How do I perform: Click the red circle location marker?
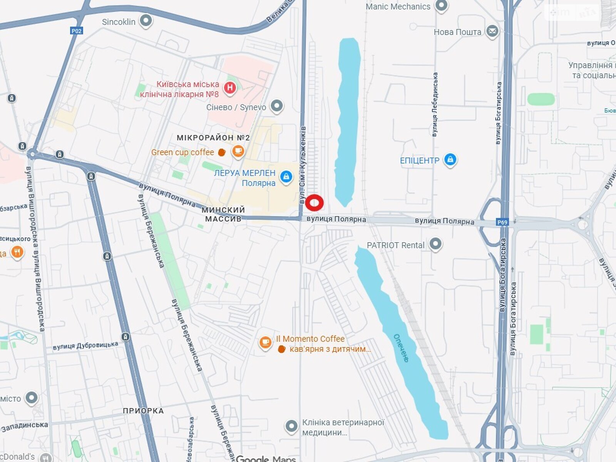tap(315, 203)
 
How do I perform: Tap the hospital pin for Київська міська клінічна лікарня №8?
tap(230, 88)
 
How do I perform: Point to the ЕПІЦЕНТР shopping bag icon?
tap(450, 159)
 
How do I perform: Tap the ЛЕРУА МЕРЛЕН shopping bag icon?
tap(286, 177)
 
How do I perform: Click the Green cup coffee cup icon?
tap(238, 151)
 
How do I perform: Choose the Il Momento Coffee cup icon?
tap(265, 342)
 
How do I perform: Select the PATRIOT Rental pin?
tap(435, 244)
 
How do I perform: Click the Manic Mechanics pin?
tap(441, 5)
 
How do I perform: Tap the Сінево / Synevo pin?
tap(276, 106)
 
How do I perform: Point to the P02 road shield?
tap(77, 31)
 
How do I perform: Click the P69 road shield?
tap(502, 222)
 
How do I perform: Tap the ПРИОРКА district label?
tap(143, 411)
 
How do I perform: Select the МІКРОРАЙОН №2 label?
tap(213, 137)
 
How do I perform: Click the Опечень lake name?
tap(401, 348)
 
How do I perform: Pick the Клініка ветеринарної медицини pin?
tap(291, 426)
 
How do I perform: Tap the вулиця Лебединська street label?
tap(435, 104)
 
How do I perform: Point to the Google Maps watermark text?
tap(266, 458)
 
